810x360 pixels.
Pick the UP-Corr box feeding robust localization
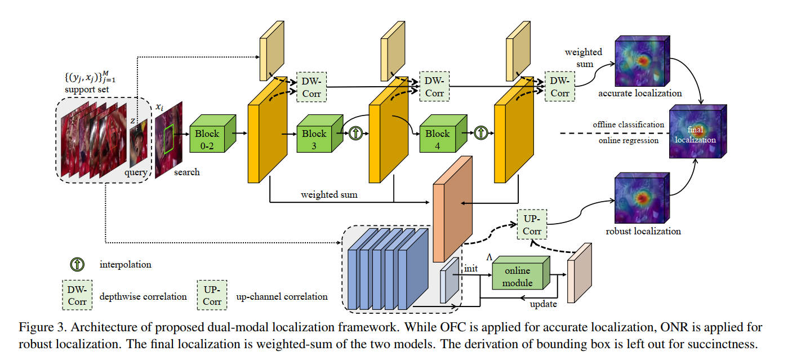tap(532, 224)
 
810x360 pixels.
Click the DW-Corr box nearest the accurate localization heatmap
tap(559, 86)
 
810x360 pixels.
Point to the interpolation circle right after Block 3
tap(355, 134)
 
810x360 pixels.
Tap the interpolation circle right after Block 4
tap(480, 134)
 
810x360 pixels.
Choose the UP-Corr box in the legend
tap(212, 295)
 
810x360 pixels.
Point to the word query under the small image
tap(135, 172)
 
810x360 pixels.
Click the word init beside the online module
tap(471, 269)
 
